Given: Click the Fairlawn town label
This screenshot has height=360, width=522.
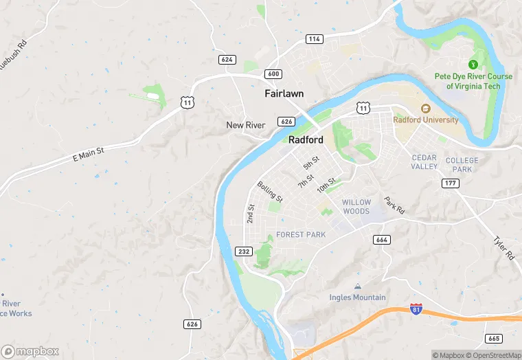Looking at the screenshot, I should coord(284,93).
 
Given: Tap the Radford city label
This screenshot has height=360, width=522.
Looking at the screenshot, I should coord(306,139).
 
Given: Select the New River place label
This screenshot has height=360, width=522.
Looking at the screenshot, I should coord(246,125).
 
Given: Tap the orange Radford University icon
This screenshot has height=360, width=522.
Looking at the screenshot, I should coord(425,108).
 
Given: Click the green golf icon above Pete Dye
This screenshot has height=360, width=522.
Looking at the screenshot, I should coord(473,64).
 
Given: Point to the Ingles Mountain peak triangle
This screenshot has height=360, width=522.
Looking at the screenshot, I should coord(356,286).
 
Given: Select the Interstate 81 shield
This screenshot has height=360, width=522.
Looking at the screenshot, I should coord(416,308).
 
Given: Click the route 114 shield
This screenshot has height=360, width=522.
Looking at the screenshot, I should coord(315,39).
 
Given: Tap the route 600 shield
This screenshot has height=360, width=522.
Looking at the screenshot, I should coord(272,74).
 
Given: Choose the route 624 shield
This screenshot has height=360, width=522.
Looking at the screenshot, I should coord(227,60).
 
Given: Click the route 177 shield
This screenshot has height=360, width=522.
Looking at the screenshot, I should coord(451,183).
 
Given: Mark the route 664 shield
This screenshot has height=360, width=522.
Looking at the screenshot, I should coord(383,239).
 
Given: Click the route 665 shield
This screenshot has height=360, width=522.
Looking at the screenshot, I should coord(492,339).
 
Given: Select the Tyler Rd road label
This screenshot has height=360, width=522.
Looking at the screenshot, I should coord(503,247).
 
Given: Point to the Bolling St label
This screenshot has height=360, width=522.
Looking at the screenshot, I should coord(269,192).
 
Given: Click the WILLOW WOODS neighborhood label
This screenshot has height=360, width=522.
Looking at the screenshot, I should coord(356,207).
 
